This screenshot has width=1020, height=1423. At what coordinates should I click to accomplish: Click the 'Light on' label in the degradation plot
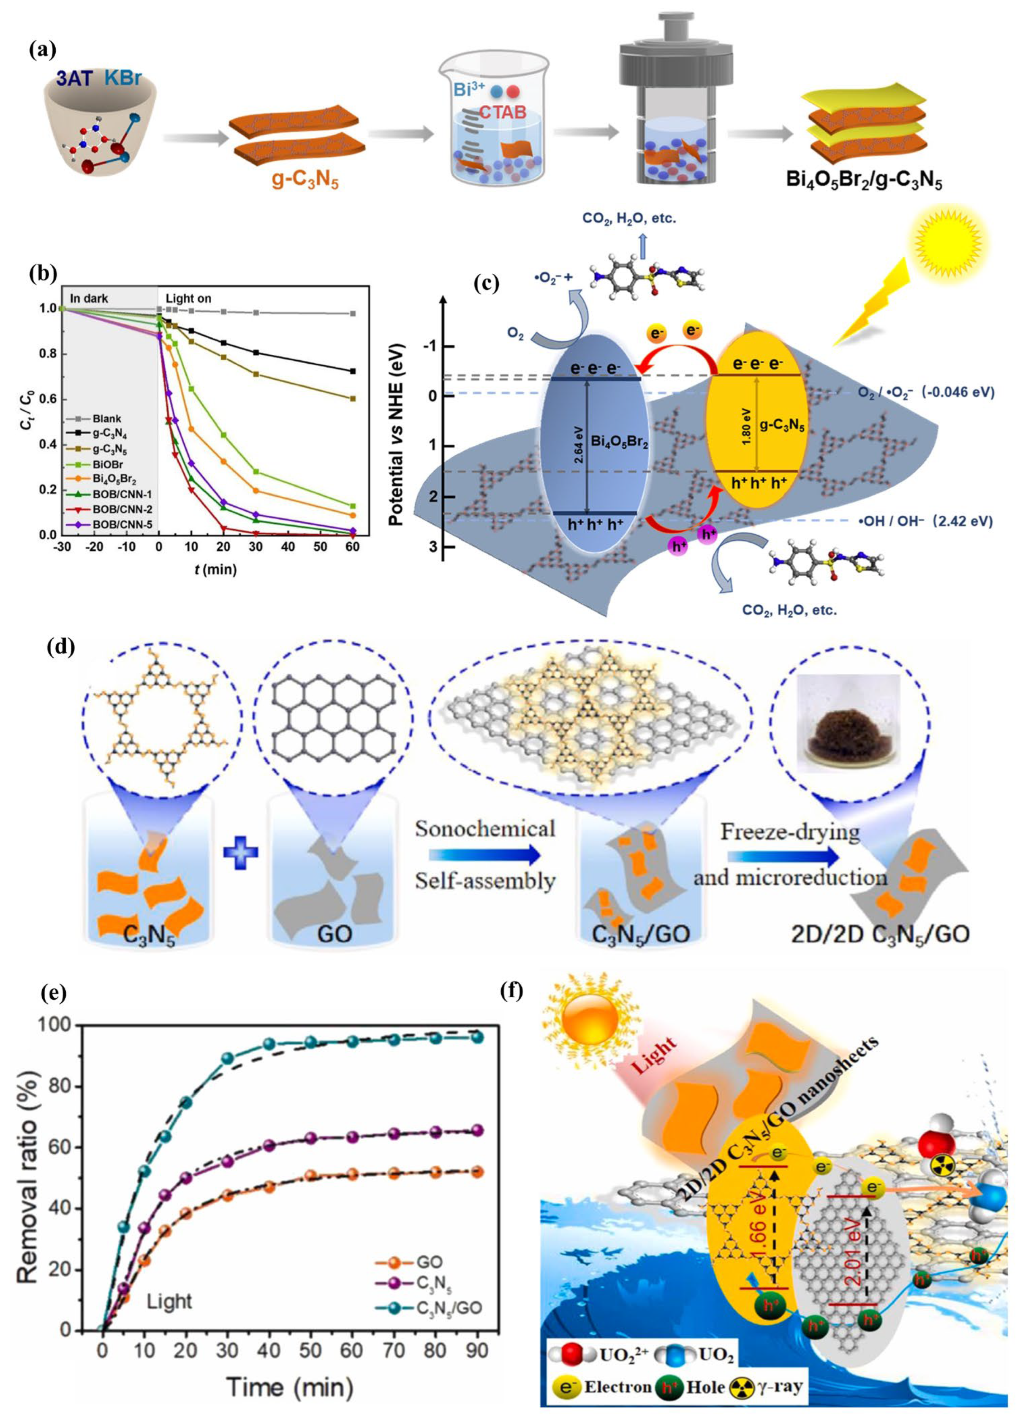pos(188,299)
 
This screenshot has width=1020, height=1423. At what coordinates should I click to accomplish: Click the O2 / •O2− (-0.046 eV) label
pos(926,393)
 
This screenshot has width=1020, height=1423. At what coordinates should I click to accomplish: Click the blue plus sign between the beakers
pos(240,854)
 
